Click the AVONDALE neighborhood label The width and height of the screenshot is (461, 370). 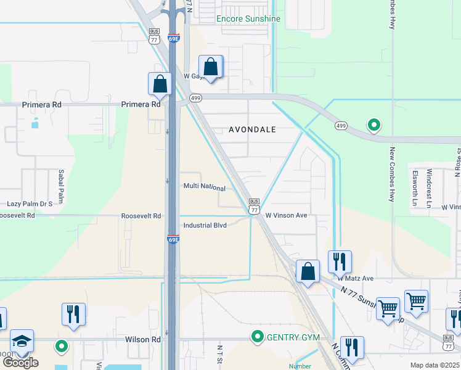coord(252,130)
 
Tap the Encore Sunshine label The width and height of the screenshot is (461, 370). coord(248,19)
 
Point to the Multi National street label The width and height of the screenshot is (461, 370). coord(205,186)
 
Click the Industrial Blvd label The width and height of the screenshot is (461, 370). coord(205,226)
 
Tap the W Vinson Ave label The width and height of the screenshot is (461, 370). coord(286,216)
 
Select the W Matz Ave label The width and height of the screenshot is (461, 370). coord(356,279)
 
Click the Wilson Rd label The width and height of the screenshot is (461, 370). coord(142,339)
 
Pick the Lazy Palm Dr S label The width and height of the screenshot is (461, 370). coord(29,203)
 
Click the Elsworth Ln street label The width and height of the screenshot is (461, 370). coord(416,185)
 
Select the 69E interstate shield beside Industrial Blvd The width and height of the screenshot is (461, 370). coord(173,239)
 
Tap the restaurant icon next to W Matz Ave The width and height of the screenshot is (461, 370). coord(340,261)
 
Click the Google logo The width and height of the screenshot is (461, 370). coord(20,363)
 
